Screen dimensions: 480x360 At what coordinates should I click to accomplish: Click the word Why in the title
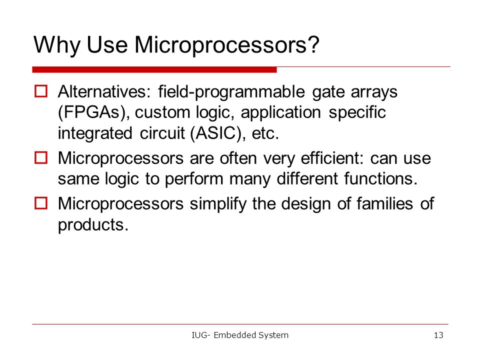click(x=57, y=45)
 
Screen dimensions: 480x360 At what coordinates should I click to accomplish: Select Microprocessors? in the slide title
click(x=227, y=45)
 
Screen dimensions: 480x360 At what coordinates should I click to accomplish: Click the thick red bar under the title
click(x=154, y=70)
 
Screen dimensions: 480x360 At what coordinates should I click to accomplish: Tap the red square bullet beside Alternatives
click(x=41, y=91)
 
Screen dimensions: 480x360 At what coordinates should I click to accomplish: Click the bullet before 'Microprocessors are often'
click(x=41, y=158)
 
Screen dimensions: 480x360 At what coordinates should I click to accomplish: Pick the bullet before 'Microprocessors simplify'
click(x=41, y=203)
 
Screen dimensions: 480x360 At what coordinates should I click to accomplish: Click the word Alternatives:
click(x=104, y=91)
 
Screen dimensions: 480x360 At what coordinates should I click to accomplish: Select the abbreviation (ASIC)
click(x=217, y=133)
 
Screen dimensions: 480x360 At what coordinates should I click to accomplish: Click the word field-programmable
click(x=231, y=92)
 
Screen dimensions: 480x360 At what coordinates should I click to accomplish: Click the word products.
click(x=93, y=225)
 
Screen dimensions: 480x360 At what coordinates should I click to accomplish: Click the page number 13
click(x=438, y=335)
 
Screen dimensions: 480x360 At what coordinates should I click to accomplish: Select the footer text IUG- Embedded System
click(x=240, y=335)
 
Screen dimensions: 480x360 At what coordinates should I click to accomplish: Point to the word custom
click(x=162, y=112)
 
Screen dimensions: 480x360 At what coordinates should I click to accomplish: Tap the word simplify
click(x=218, y=204)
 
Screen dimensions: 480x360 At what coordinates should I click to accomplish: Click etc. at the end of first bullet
click(x=265, y=134)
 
